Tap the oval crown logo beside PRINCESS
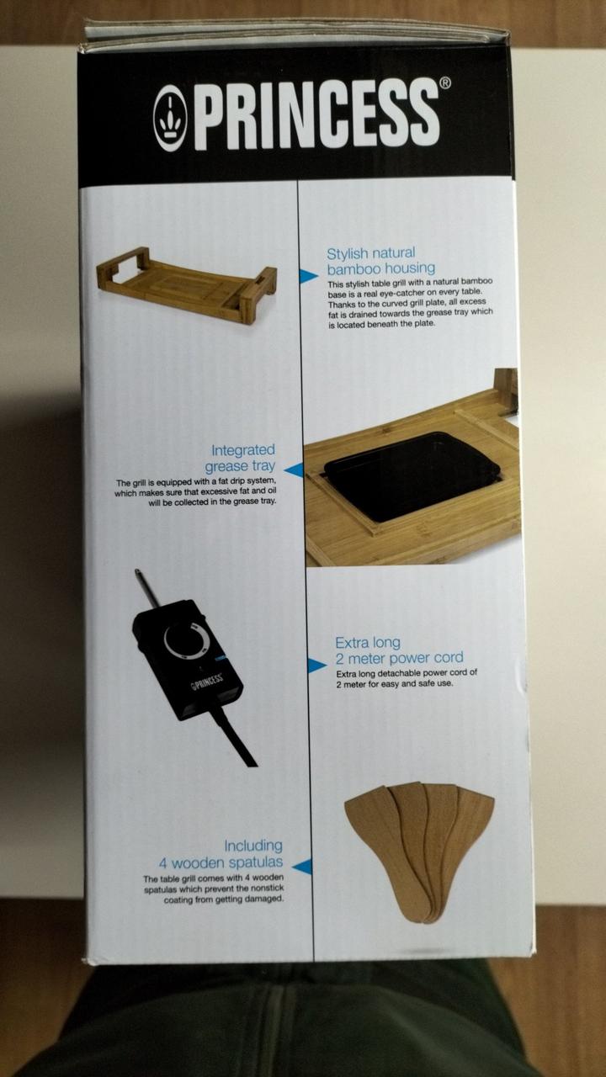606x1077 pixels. pyautogui.click(x=170, y=119)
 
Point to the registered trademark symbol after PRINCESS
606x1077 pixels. pyautogui.click(x=445, y=83)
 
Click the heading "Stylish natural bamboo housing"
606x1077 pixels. pyautogui.click(x=380, y=261)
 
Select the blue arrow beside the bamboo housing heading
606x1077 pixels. pyautogui.click(x=308, y=276)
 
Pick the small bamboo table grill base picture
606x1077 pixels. pyautogui.click(x=187, y=285)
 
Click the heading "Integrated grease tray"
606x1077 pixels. pyautogui.click(x=241, y=458)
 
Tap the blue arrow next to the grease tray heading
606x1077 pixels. pyautogui.click(x=294, y=470)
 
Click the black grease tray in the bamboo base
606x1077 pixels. pyautogui.click(x=410, y=475)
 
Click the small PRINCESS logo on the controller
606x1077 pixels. pyautogui.click(x=208, y=682)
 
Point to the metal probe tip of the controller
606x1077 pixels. pyautogui.click(x=137, y=573)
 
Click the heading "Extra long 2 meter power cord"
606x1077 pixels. pyautogui.click(x=399, y=650)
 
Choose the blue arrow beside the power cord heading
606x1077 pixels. pyautogui.click(x=317, y=666)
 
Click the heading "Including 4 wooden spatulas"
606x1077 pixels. pyautogui.click(x=221, y=854)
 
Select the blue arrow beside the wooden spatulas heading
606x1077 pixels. pyautogui.click(x=301, y=867)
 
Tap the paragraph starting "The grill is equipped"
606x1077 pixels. pyautogui.click(x=196, y=492)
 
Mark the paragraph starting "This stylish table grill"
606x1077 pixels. pyautogui.click(x=410, y=302)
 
